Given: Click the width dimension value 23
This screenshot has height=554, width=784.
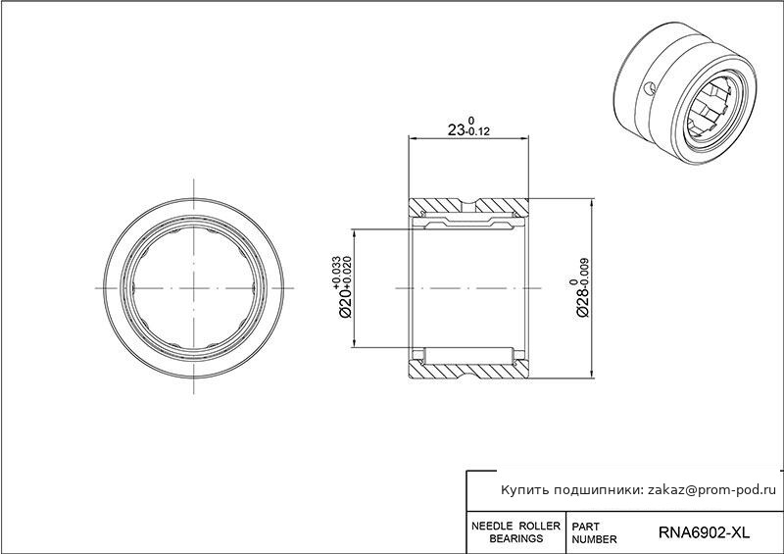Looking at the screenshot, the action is click(x=456, y=130).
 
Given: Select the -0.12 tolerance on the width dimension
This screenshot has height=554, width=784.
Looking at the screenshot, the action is click(x=477, y=132).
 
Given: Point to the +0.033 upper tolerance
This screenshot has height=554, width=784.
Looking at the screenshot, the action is click(x=336, y=273).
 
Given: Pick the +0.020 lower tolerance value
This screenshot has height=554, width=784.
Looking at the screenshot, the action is click(x=347, y=273).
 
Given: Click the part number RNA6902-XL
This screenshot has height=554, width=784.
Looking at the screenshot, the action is click(x=704, y=532).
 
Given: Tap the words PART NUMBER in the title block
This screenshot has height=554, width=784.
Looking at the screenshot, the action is click(x=594, y=533).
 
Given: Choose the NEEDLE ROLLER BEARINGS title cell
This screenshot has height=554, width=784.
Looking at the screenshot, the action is click(x=516, y=532).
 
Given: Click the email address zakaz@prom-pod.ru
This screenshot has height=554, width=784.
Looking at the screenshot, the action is click(x=712, y=490).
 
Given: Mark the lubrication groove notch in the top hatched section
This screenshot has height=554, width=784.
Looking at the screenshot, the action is click(x=468, y=204).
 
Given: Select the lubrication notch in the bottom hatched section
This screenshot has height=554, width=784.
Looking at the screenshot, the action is click(x=468, y=372).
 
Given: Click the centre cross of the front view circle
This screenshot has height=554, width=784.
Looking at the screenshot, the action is click(x=193, y=288).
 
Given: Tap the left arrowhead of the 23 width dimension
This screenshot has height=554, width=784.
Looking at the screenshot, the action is click(x=413, y=137).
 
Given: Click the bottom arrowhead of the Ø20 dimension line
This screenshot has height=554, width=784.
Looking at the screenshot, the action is click(x=354, y=343).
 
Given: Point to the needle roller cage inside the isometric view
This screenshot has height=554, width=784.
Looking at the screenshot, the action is click(x=708, y=108).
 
